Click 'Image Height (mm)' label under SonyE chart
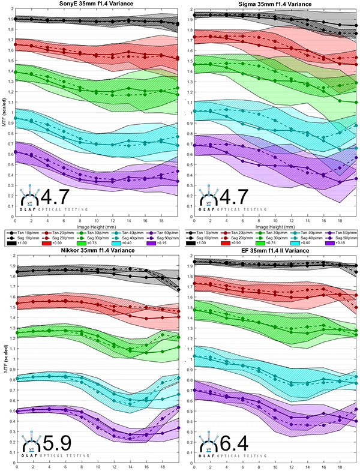(x=98, y=228)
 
